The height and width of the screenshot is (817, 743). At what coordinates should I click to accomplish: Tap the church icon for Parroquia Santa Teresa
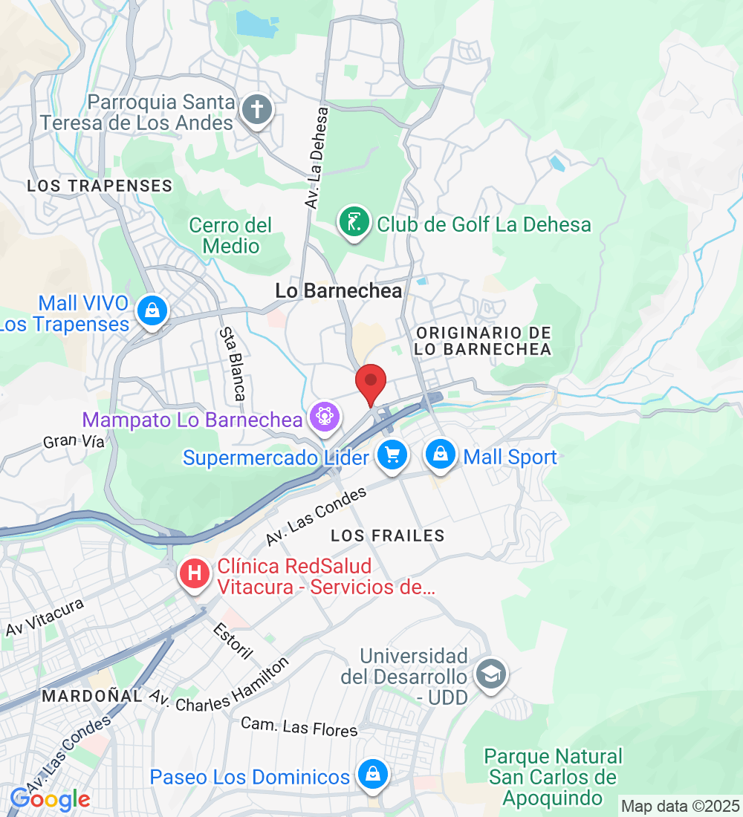[257, 111]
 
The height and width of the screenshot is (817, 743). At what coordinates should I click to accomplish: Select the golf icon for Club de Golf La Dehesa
[354, 221]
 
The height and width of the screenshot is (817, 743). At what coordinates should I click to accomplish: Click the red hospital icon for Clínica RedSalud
[195, 574]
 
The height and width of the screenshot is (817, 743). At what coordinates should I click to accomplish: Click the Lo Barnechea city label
[339, 291]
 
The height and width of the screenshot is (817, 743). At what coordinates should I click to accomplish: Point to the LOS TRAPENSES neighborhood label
[100, 186]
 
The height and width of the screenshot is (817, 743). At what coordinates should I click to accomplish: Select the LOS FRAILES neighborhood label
[388, 536]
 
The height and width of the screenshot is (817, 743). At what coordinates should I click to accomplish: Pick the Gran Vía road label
[73, 441]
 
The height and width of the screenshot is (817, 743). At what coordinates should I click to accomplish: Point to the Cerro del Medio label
[230, 235]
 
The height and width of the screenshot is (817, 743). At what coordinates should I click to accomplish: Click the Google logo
[50, 799]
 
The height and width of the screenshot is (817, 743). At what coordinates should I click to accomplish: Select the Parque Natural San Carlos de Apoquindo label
[554, 777]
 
